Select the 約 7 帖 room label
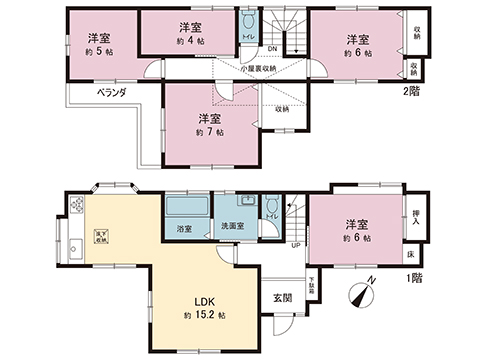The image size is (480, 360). (210, 131)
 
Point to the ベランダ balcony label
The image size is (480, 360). (111, 91)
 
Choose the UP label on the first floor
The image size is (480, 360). (295, 244)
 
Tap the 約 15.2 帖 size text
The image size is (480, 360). (204, 316)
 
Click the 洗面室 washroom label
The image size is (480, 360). (234, 227)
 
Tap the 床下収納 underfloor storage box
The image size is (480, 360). (101, 235)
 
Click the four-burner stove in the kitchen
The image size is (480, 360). (76, 204)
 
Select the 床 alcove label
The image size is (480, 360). (413, 253)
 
